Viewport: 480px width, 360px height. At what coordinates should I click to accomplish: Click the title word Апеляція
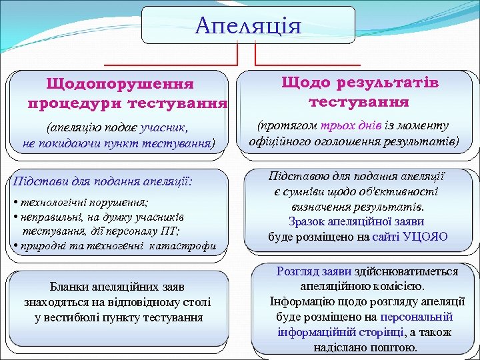tap(248, 26)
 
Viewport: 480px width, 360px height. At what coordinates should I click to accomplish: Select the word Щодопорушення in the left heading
tap(120, 85)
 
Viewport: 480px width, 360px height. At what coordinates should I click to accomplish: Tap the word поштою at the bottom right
tap(397, 347)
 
